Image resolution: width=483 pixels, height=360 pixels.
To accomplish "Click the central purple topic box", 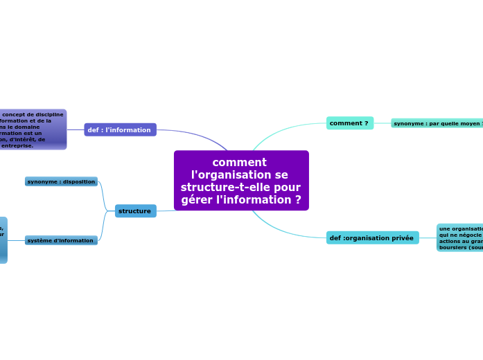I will coord(241,181).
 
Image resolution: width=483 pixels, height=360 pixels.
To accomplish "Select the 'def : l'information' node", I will coord(120,129).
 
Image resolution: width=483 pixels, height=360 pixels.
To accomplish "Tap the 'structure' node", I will coord(135,210).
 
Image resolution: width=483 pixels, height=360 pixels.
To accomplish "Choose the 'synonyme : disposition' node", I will coord(61,181).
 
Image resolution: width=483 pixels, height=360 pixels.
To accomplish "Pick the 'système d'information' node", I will coord(61,240).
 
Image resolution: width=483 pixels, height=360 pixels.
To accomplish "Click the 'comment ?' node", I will coord(349,123).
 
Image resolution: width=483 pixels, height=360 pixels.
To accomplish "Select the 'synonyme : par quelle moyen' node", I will coord(437,123).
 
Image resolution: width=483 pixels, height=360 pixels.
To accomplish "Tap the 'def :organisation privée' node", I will coord(372,237).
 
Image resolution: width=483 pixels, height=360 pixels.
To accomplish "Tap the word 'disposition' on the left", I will coord(78,181).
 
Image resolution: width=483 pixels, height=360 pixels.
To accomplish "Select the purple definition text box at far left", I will coord(33,129).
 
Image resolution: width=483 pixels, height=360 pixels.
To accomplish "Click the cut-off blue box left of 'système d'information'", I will coord(3,240).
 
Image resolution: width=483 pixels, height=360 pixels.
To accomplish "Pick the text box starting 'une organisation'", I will coord(459,237).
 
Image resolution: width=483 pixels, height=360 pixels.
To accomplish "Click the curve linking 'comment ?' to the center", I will coord(277,129).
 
